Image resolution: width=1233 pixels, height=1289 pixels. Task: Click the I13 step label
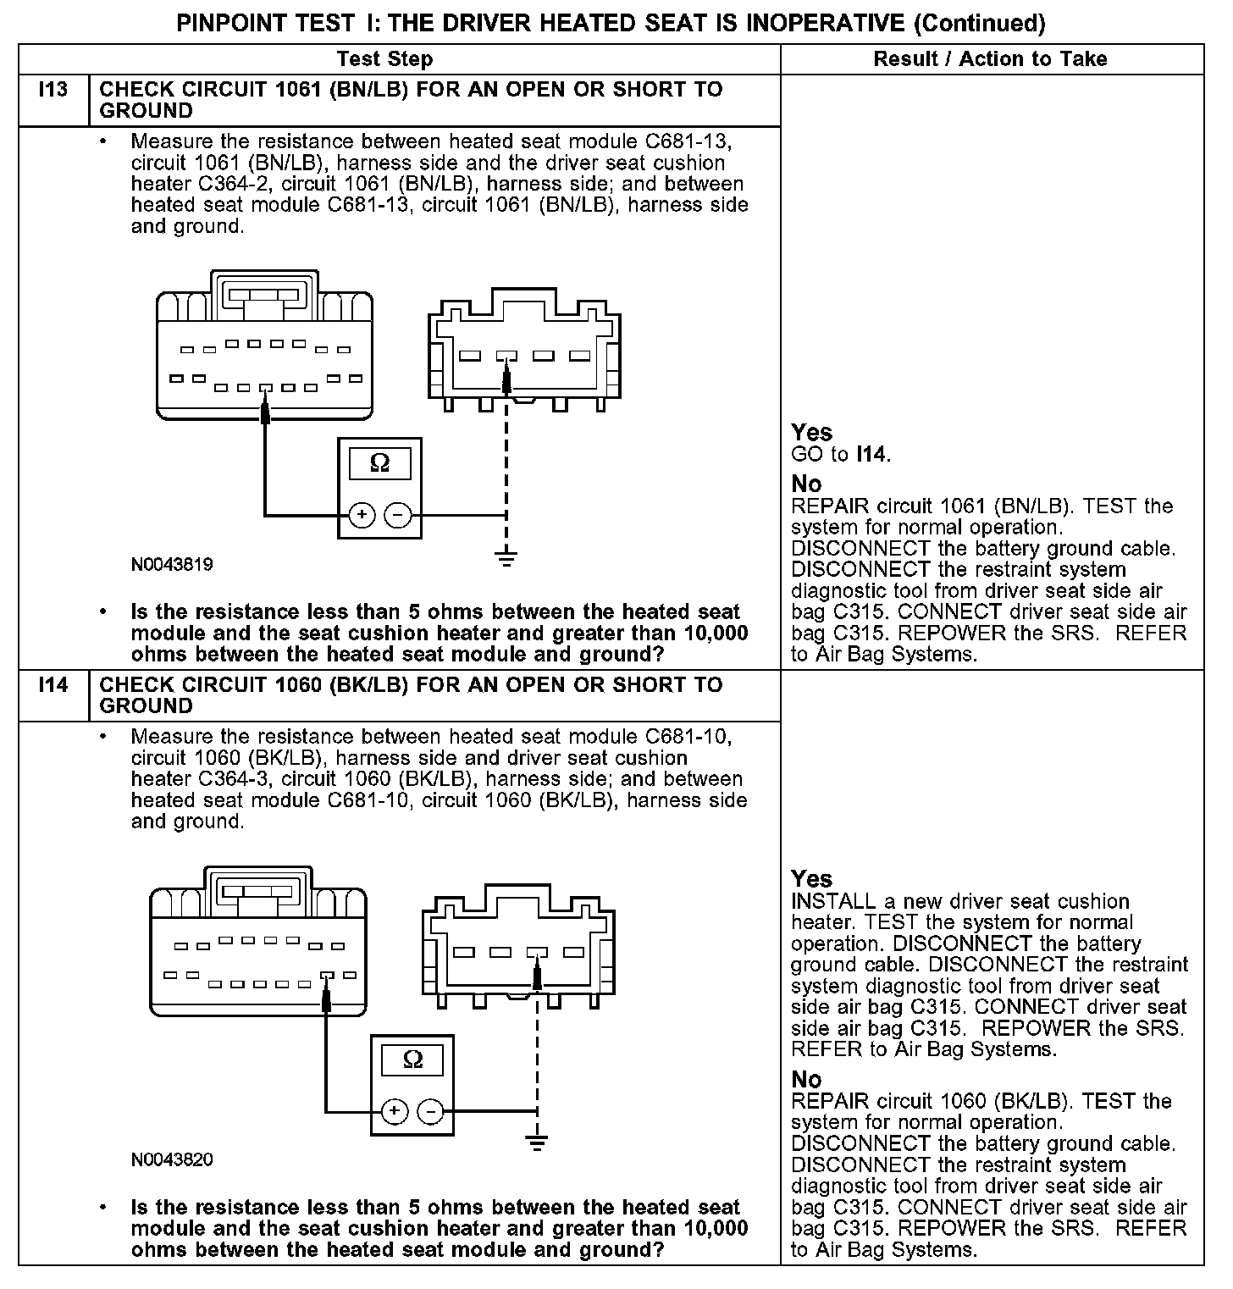click(x=53, y=90)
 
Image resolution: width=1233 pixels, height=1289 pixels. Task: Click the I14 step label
click(x=53, y=684)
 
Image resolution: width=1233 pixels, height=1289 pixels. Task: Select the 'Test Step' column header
click(x=384, y=58)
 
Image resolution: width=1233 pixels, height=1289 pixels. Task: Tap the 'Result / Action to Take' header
click(x=990, y=58)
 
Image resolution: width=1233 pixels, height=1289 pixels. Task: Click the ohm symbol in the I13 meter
click(x=380, y=463)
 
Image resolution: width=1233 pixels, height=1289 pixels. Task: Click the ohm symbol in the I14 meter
click(x=412, y=1059)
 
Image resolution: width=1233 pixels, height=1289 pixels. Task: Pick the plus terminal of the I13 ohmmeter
click(x=362, y=514)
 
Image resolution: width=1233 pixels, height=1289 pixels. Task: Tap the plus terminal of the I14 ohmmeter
click(x=394, y=1110)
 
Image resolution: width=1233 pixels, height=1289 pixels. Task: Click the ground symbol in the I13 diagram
click(x=506, y=557)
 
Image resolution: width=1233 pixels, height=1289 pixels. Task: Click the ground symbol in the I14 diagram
click(x=537, y=1142)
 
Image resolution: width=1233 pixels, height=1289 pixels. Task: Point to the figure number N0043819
click(x=172, y=564)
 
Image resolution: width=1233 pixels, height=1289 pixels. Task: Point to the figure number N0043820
click(x=172, y=1159)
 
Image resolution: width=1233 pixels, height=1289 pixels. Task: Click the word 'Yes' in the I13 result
click(x=811, y=433)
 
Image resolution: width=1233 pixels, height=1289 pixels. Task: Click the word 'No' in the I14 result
click(x=806, y=1079)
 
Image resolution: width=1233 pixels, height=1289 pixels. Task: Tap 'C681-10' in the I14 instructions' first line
click(x=687, y=737)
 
